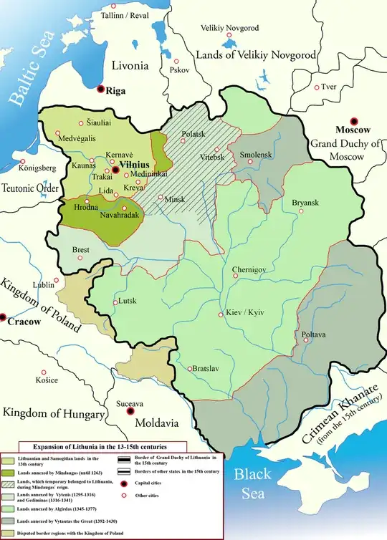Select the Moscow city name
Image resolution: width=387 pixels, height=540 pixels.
(352, 130)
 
